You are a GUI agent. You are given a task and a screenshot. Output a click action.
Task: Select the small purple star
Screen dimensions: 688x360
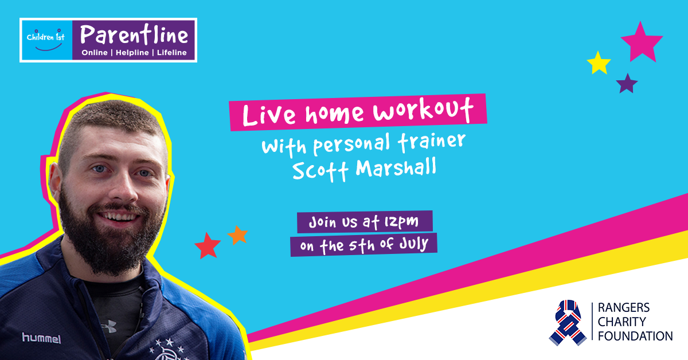(x=627, y=84)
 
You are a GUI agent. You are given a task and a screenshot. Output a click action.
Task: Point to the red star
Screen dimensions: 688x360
(x=208, y=246)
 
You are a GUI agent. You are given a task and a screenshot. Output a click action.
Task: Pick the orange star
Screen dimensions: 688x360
(x=238, y=236)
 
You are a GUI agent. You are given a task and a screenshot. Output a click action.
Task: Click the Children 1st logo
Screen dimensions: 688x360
(x=46, y=40)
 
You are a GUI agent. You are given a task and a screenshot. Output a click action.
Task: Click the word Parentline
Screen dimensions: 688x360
(x=134, y=35)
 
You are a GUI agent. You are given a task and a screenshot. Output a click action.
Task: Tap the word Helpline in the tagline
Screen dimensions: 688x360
(x=132, y=53)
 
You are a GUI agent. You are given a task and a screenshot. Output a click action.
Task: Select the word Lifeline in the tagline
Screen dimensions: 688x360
(x=171, y=53)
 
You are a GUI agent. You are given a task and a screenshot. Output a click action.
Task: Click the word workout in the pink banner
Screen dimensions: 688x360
(x=423, y=110)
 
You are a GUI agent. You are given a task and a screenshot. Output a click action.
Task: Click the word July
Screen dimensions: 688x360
(x=413, y=244)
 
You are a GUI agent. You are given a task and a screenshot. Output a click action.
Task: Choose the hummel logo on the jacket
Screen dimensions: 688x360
(x=41, y=338)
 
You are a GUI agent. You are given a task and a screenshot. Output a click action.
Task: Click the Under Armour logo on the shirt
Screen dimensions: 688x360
(x=109, y=326)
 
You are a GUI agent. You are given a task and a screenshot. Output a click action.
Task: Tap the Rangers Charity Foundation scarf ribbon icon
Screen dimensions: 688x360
(x=568, y=323)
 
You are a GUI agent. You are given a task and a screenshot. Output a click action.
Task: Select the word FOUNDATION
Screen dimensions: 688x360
(x=635, y=336)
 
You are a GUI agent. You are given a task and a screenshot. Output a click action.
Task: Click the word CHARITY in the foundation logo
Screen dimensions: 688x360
(x=621, y=322)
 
